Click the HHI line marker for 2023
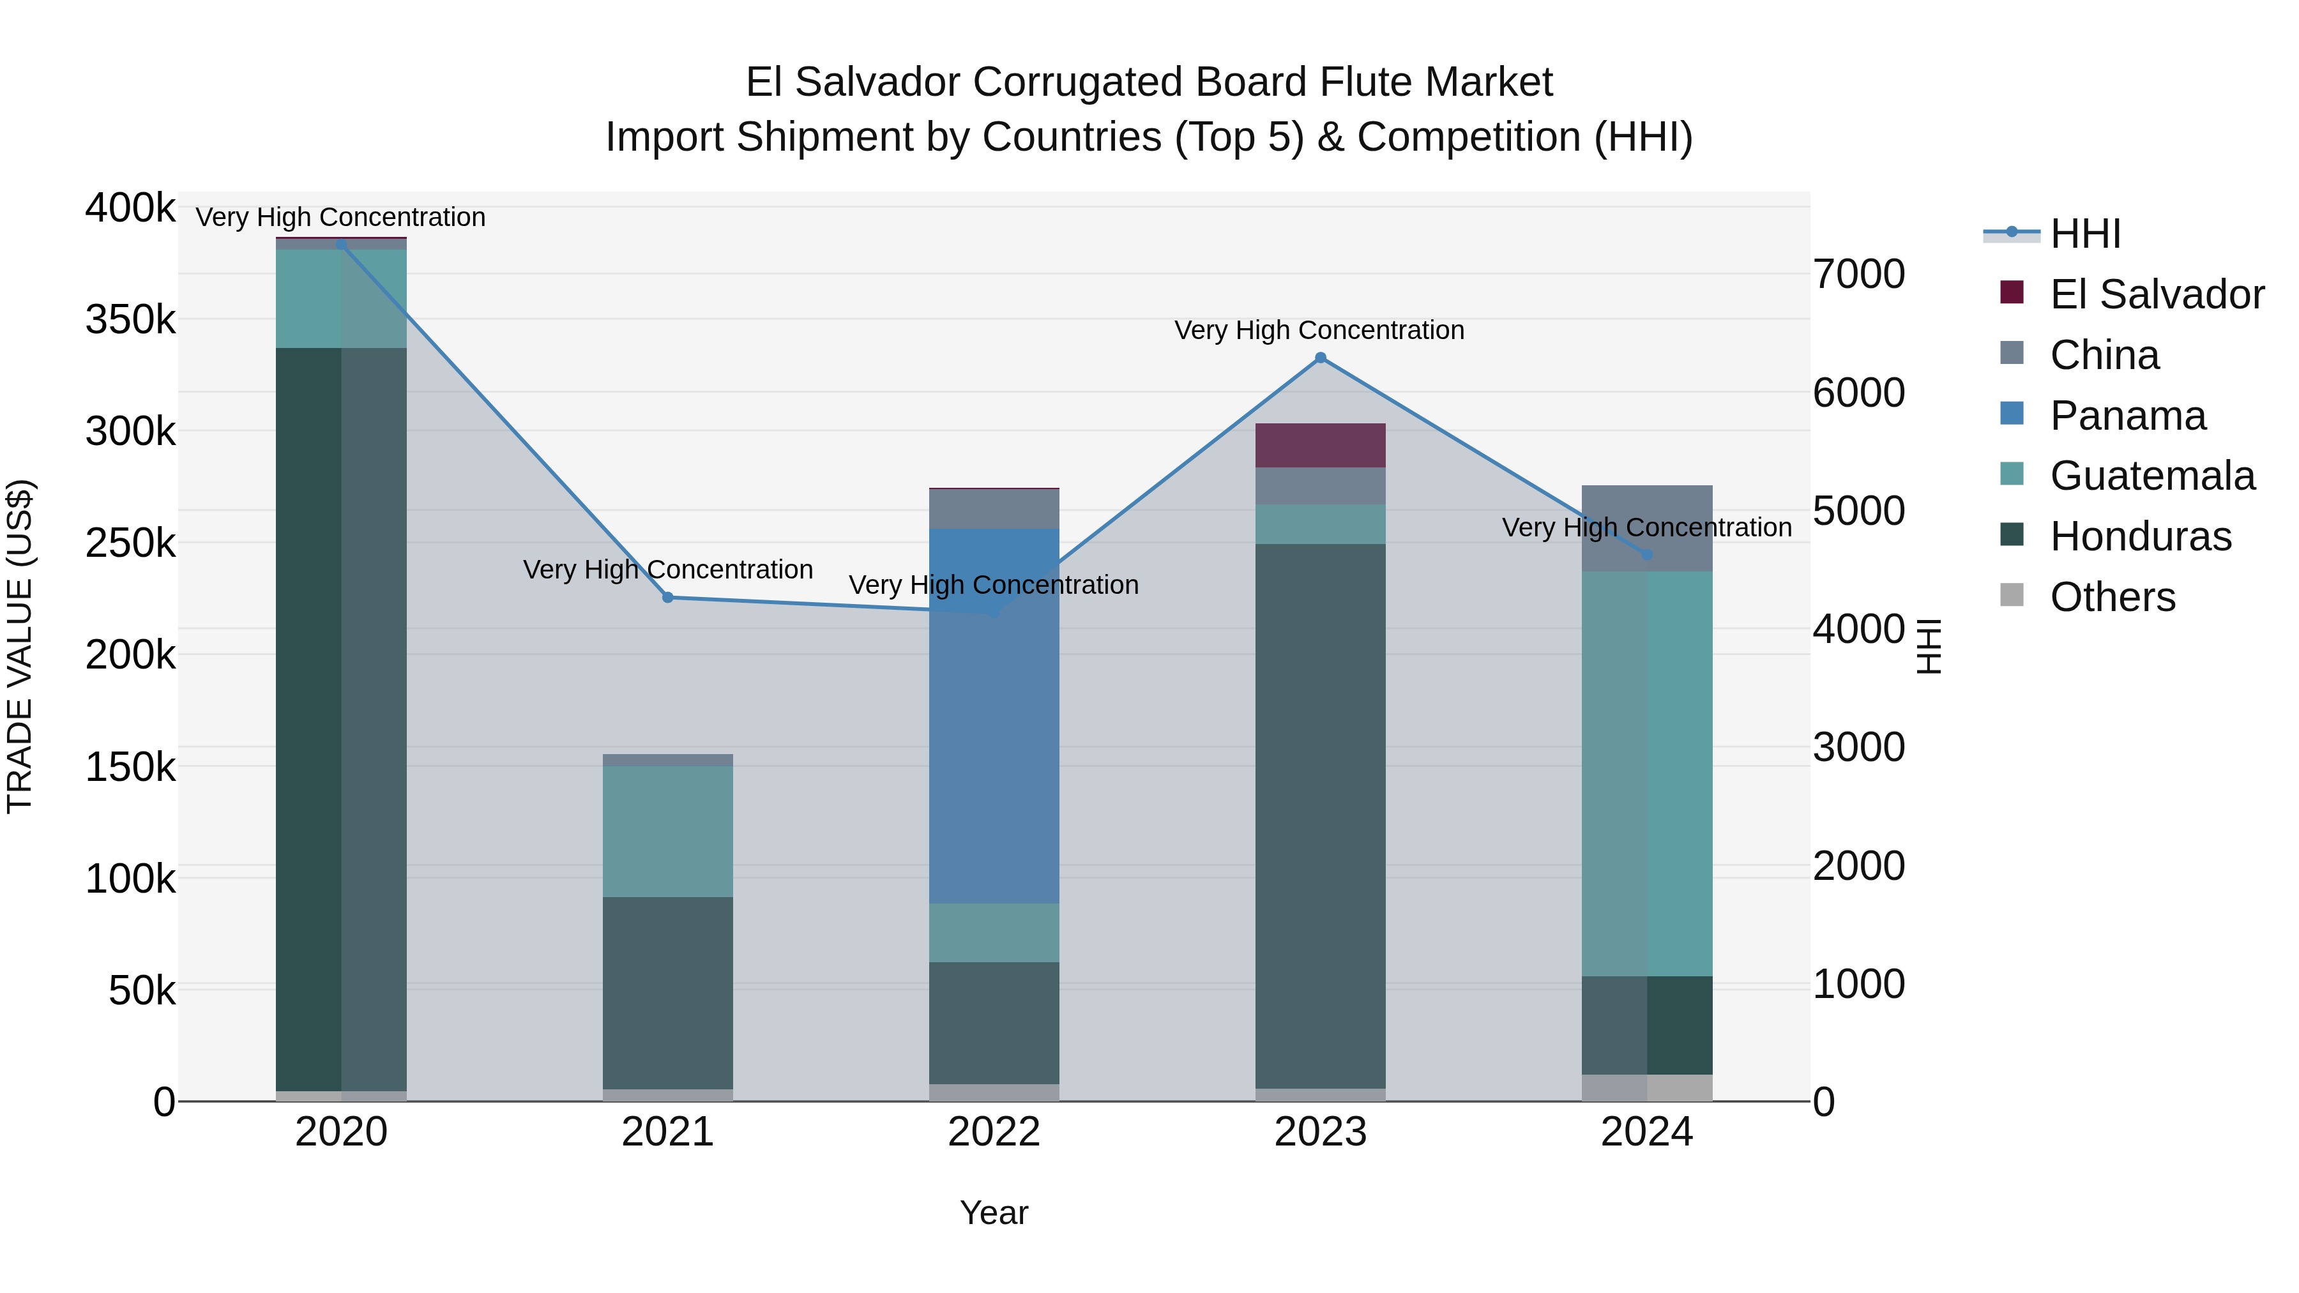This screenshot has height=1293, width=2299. point(1320,358)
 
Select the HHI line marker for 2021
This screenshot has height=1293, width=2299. point(667,597)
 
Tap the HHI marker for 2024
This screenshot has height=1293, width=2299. point(1646,554)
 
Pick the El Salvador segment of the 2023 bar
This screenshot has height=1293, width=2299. point(1320,445)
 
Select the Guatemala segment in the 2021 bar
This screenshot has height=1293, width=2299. point(667,831)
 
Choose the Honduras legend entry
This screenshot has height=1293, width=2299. point(2139,536)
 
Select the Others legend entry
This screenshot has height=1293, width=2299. point(2112,597)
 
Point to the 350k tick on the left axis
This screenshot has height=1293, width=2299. point(130,319)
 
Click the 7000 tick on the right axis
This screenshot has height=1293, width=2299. point(1859,274)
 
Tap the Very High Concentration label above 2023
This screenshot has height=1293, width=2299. point(1319,330)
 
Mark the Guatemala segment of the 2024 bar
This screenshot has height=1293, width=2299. point(1646,774)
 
